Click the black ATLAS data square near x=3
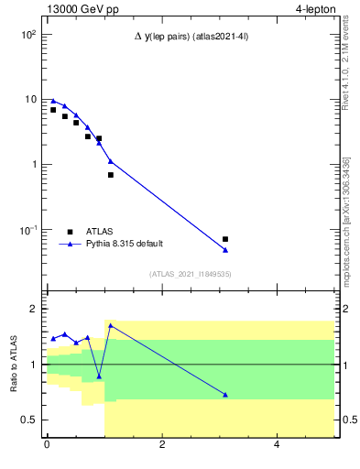point(225,239)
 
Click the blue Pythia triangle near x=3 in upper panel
point(225,250)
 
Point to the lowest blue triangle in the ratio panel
point(225,395)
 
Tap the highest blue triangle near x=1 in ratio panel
point(111,325)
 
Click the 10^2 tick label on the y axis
point(27,34)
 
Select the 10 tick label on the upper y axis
point(30,99)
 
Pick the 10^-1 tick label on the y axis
point(27,230)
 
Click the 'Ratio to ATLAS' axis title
point(15,365)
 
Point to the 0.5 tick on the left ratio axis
point(29,420)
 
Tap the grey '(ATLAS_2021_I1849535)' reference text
point(191,274)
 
